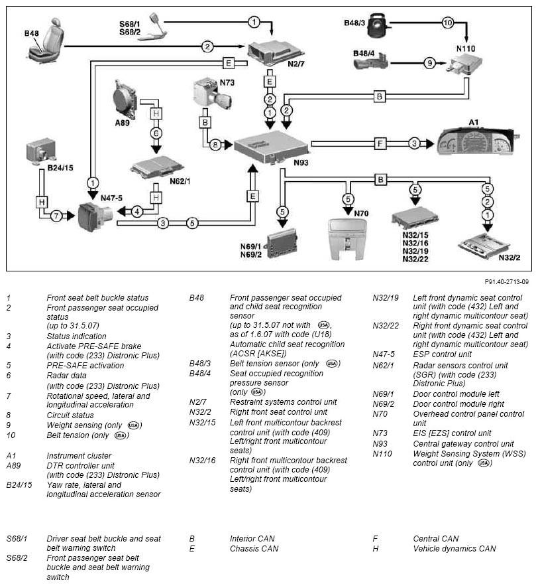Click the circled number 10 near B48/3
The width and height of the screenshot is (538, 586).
click(447, 23)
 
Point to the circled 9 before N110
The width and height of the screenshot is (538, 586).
click(429, 63)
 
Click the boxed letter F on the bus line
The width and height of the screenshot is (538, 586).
click(380, 143)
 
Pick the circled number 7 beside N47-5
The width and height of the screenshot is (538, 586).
click(58, 216)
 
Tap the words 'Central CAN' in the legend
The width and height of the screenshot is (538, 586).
click(437, 539)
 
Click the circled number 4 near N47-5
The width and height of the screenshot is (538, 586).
click(136, 212)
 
